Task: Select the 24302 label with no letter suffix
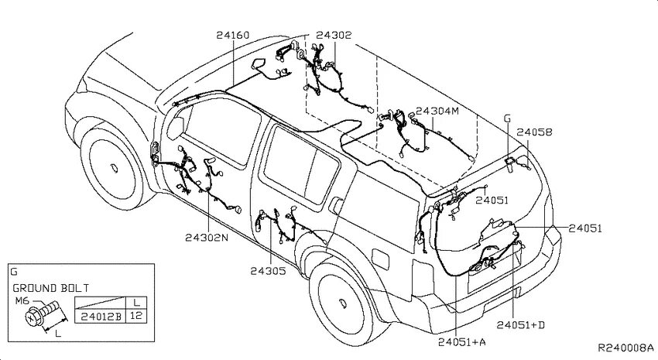pyautogui.click(x=334, y=35)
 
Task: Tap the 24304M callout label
pyautogui.click(x=437, y=111)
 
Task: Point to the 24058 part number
pyautogui.click(x=534, y=132)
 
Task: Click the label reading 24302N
pyautogui.click(x=207, y=238)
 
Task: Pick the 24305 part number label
pyautogui.click(x=268, y=271)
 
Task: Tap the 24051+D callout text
pyautogui.click(x=521, y=325)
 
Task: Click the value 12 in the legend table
pyautogui.click(x=137, y=316)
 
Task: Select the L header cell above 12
pyautogui.click(x=137, y=302)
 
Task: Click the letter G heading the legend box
pyautogui.click(x=13, y=272)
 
